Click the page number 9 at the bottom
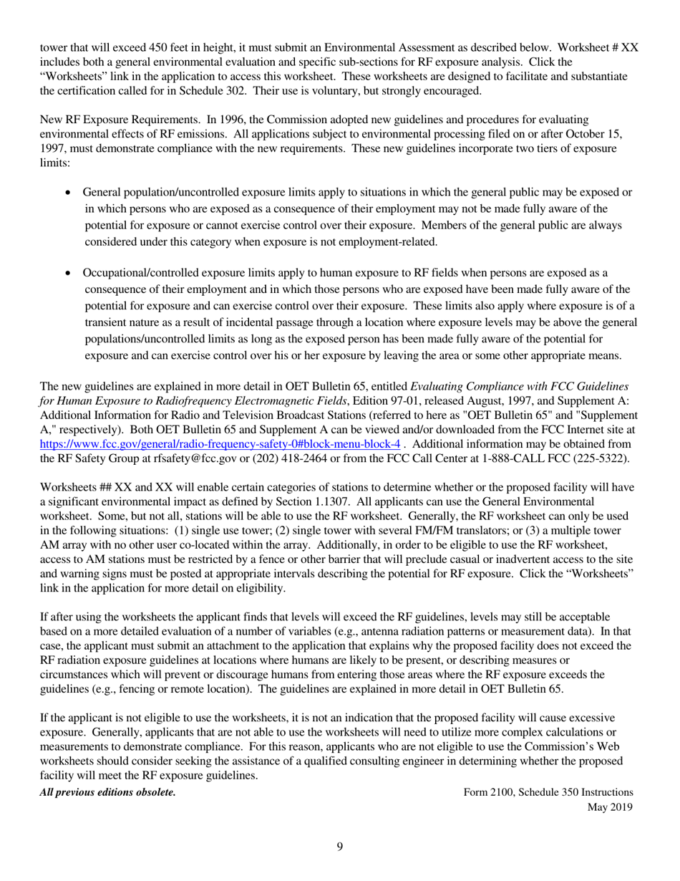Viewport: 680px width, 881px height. (339, 847)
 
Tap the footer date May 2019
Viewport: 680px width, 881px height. (610, 807)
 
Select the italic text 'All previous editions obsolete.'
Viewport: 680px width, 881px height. (107, 792)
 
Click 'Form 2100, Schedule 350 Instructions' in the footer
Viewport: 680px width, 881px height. (548, 792)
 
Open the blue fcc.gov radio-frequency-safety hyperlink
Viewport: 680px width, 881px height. (220, 443)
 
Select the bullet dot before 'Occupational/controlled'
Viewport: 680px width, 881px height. (68, 274)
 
